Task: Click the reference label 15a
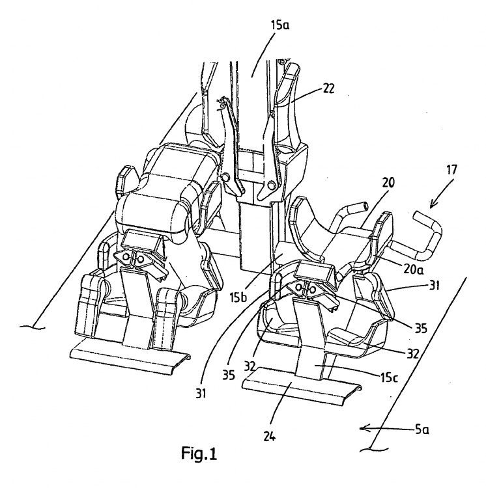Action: [279, 25]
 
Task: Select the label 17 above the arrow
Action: [451, 170]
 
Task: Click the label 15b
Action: [238, 297]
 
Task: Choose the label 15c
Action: [389, 377]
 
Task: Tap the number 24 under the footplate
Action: [270, 437]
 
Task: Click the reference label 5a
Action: [422, 430]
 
